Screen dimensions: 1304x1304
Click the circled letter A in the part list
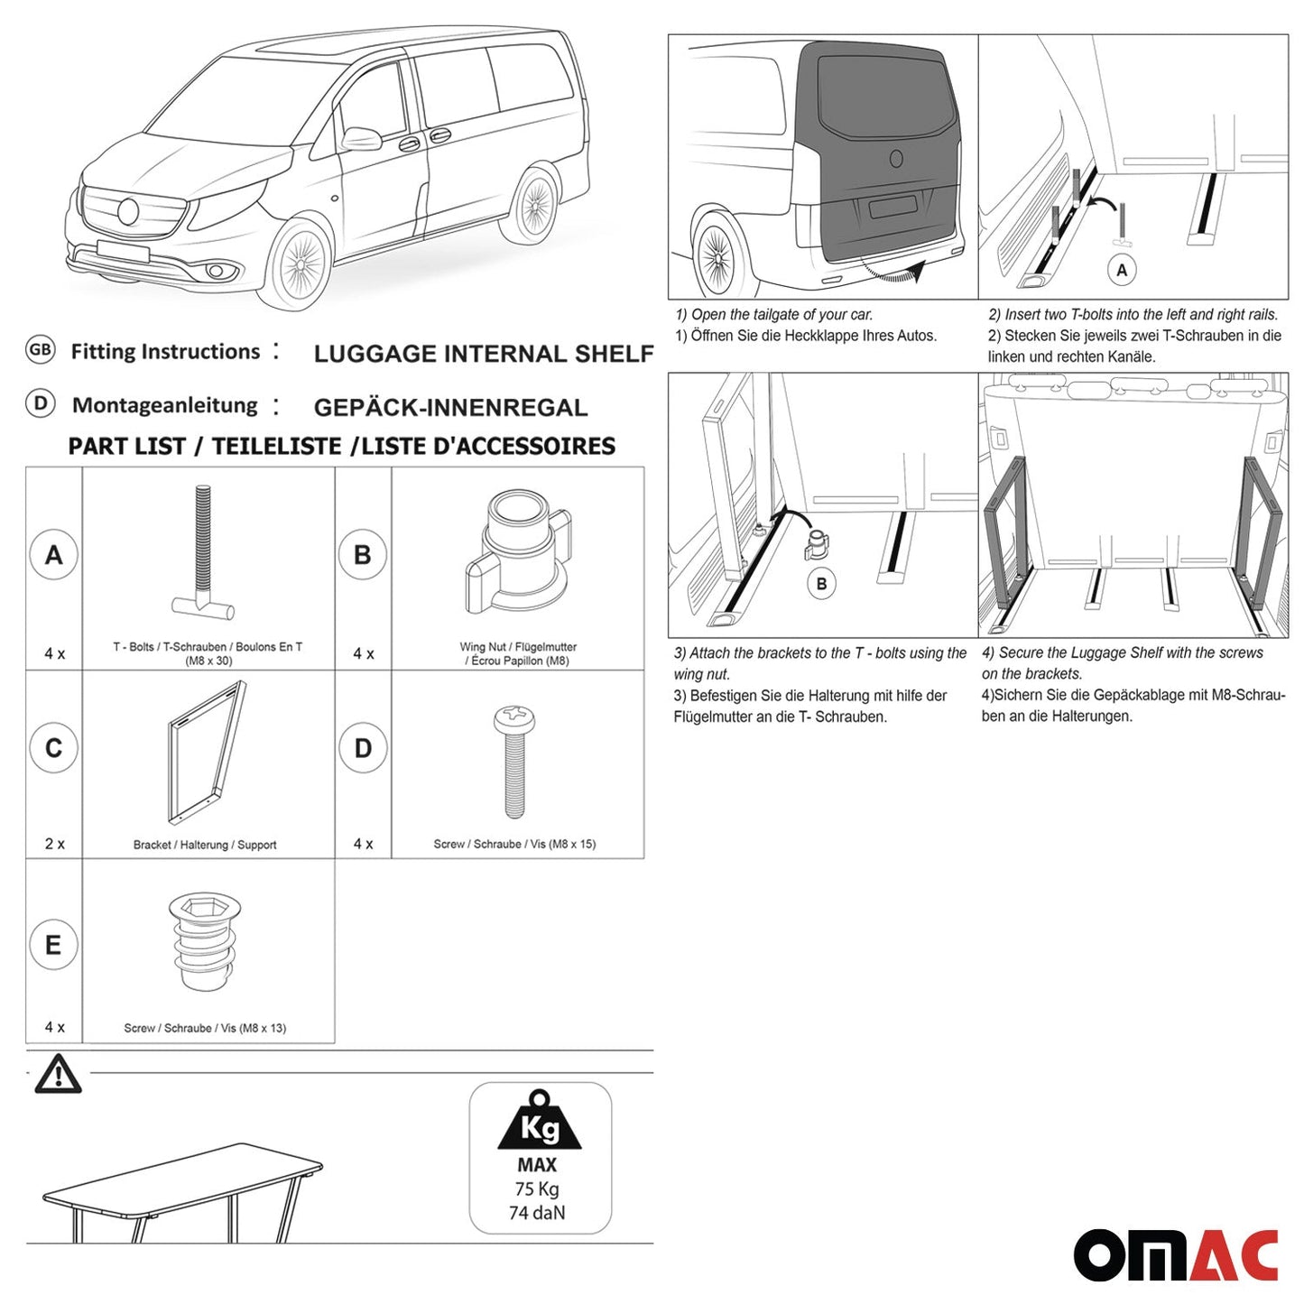coord(54,555)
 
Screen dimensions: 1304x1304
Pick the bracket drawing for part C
coord(207,751)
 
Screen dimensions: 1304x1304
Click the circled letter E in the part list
coord(54,945)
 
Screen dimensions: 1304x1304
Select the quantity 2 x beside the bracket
coord(54,844)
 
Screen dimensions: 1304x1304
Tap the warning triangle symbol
coord(58,1075)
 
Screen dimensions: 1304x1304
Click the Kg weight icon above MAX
coord(540,1122)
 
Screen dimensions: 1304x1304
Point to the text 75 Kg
coord(537,1189)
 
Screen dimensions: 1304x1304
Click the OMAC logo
coord(1175,1254)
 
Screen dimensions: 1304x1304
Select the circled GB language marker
coord(41,350)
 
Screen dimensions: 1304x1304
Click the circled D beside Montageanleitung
coord(41,403)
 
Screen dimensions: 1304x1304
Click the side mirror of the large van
coord(361,140)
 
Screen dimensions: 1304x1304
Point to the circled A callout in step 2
coord(1122,270)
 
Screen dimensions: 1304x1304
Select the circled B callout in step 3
coord(821,584)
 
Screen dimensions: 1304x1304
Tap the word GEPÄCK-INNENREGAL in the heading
coord(450,408)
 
